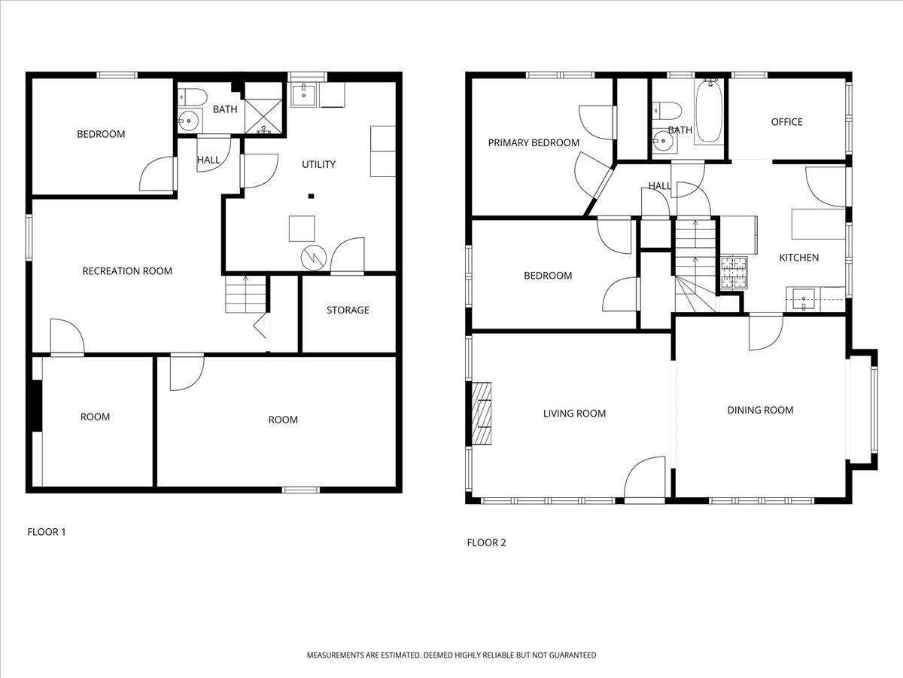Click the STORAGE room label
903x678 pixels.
coord(348,310)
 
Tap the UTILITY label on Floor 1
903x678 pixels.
coord(319,165)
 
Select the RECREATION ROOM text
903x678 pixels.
coord(127,271)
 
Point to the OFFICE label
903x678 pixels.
coord(786,122)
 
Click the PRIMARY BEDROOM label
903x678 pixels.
coord(534,143)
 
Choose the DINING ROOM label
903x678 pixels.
coord(760,410)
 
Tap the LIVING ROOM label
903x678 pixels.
coord(574,414)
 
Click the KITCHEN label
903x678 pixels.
coord(799,258)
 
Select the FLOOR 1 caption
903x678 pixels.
coord(47,532)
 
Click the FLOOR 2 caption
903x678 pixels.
coord(486,542)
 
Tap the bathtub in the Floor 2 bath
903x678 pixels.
coord(710,111)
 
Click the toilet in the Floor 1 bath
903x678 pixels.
coord(192,97)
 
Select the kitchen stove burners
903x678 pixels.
coord(734,272)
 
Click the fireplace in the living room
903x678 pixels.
coord(482,414)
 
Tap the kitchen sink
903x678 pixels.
coord(804,300)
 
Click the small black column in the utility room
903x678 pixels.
coord(312,197)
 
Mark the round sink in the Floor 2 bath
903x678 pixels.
coord(663,141)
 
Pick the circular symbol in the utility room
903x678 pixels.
coord(314,258)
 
